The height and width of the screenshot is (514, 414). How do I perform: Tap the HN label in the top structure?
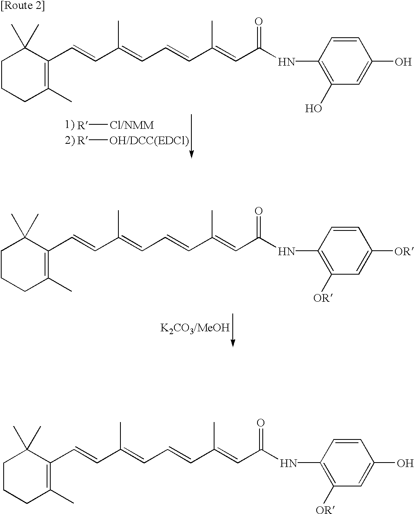[286, 62]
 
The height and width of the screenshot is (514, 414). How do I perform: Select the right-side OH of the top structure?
[403, 62]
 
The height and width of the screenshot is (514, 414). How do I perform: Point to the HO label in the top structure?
[313, 109]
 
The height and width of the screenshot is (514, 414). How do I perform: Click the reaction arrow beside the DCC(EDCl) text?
[191, 136]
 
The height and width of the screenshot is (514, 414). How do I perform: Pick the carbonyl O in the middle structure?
[258, 211]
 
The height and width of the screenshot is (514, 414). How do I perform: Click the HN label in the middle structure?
[286, 251]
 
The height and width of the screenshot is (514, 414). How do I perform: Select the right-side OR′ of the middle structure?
[404, 251]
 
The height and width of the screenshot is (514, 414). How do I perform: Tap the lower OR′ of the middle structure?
[324, 298]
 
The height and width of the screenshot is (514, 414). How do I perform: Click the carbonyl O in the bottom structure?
[260, 423]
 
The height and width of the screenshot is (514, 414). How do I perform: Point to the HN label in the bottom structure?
[288, 463]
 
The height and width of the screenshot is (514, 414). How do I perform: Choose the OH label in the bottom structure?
[405, 463]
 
